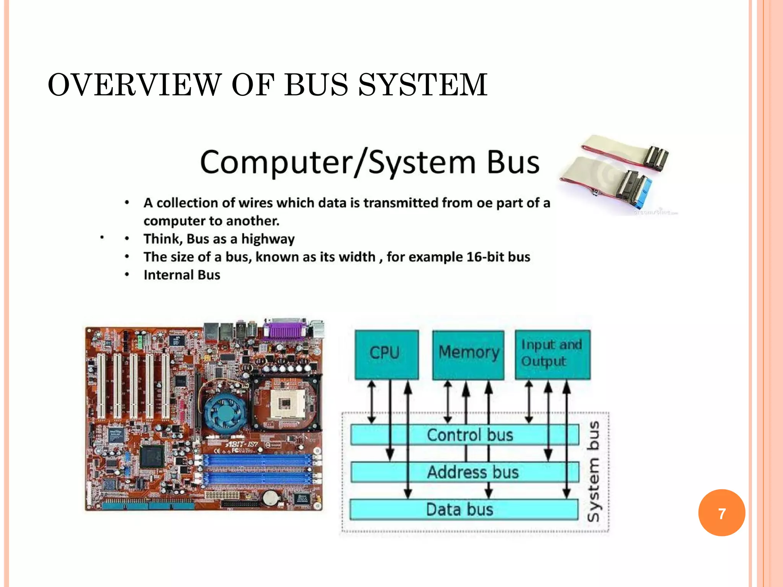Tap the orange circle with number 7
721,513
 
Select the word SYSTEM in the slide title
422,84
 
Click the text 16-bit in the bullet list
481,257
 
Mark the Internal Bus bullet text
182,275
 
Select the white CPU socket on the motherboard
284,404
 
